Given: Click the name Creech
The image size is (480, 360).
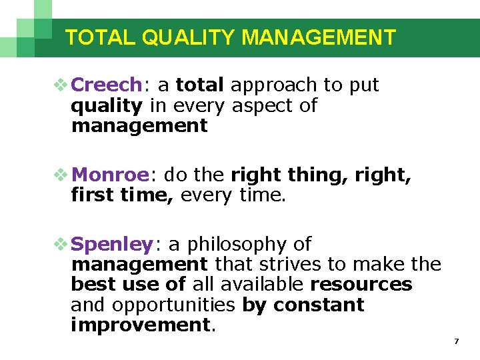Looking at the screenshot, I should click(106, 85).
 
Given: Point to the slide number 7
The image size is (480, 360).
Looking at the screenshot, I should click(456, 341).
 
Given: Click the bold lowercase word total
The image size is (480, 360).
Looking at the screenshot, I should click(200, 85).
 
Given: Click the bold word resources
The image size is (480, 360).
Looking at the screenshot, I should click(361, 285).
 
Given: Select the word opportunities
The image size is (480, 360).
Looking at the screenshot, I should click(175, 305).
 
